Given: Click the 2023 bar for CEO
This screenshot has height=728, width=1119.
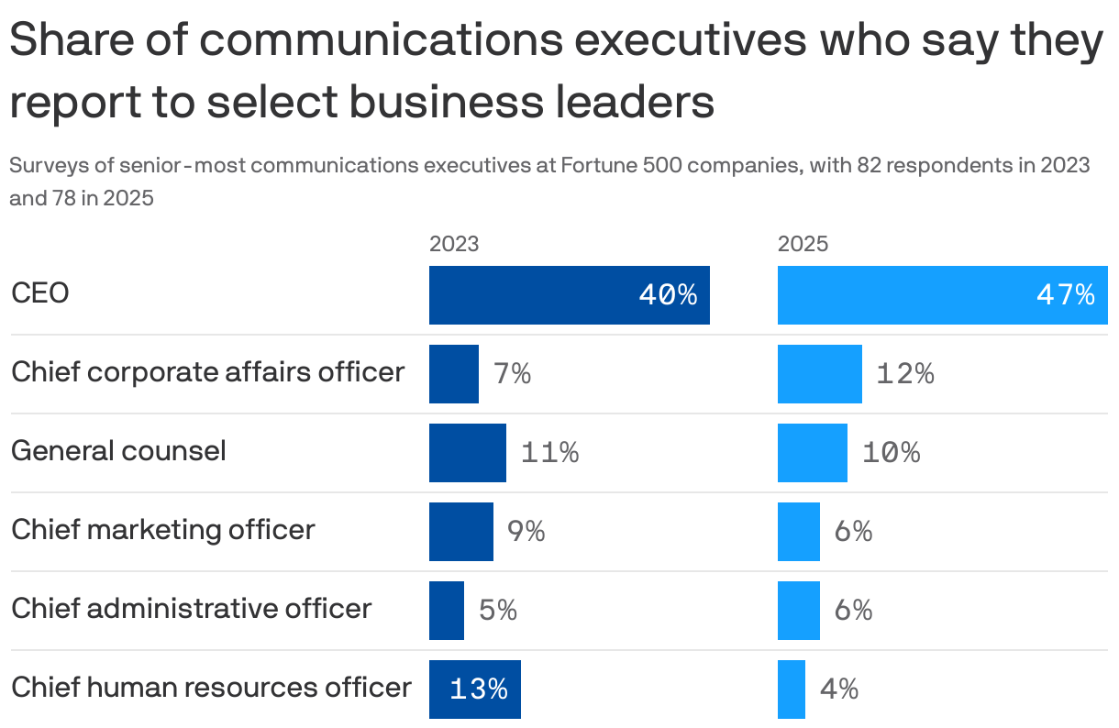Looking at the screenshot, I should coord(569,295).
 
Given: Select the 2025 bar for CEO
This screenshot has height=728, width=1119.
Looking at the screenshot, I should coord(942,295).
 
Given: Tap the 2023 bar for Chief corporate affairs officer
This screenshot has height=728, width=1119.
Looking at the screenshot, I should coord(454,374).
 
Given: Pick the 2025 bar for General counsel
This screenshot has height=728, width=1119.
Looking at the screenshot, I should coord(812,453).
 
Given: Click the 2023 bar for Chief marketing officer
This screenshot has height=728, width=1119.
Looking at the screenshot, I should coord(461,532).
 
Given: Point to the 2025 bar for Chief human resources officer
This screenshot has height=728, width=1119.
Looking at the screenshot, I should coord(792,689).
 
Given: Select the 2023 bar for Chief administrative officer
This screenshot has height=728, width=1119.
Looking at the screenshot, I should coord(447,611).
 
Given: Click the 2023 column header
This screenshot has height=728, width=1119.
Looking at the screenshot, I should coord(454,244).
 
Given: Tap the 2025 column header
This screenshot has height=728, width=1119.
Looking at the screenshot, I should coord(803,244).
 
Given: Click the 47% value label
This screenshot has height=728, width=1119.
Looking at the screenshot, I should coord(1065,295).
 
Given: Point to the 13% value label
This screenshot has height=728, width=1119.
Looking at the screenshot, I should coord(478,689).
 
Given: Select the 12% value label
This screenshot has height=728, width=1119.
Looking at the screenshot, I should coord(905,374).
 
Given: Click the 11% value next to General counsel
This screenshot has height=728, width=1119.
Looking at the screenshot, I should coord(549,453).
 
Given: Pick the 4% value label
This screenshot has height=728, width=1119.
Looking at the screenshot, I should coord(838,689).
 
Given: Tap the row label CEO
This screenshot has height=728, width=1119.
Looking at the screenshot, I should coord(40,294).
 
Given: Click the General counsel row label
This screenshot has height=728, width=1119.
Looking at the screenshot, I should coord(118,451).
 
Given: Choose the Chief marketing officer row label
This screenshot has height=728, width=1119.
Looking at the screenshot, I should coord(163,530).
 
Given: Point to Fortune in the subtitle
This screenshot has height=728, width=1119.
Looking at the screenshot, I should coord(598,166).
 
